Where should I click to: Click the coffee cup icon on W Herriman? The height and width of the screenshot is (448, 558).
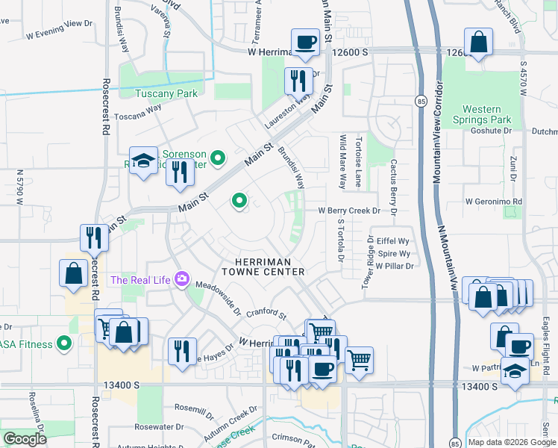coord(304,43)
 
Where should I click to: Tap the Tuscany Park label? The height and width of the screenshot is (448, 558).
coord(166,93)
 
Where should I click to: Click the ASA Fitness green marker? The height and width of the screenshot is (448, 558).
coord(64,344)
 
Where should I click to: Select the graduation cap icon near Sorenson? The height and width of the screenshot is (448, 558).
coord(143,161)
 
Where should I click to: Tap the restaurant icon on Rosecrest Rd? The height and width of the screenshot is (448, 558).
coord(94,238)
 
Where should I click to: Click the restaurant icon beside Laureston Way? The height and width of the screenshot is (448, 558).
coord(298,80)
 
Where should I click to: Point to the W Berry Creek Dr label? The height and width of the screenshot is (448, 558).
coord(349,211)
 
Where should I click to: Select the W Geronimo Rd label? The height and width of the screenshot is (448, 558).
coord(493,202)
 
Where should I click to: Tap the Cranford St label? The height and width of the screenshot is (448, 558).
coord(266,314)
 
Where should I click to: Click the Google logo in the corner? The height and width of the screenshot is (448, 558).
coord(25,439)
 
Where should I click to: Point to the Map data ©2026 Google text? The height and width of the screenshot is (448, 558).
coord(512,441)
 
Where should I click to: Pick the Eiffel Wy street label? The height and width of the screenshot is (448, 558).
coord(393,241)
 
